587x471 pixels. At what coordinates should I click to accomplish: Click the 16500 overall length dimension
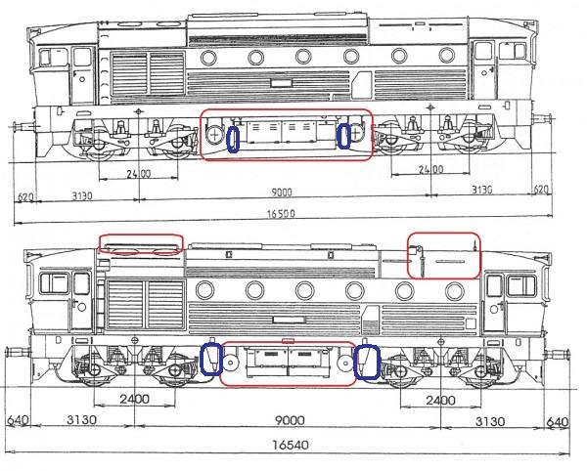click(x=281, y=214)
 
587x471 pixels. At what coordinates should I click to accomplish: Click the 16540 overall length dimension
click(x=291, y=446)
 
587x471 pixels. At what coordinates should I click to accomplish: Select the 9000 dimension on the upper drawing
click(x=282, y=193)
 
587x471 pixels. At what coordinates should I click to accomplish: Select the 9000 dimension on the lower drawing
click(x=291, y=420)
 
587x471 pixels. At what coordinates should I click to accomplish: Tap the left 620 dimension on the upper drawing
click(x=25, y=197)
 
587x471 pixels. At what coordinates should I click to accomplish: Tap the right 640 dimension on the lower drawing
click(x=558, y=422)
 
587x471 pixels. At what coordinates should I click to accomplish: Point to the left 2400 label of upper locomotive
click(x=139, y=174)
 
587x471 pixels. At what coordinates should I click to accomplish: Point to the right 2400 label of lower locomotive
click(x=440, y=401)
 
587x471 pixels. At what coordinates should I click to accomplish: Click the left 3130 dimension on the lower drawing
click(x=81, y=420)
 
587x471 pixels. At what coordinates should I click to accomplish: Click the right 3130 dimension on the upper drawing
click(x=481, y=190)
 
